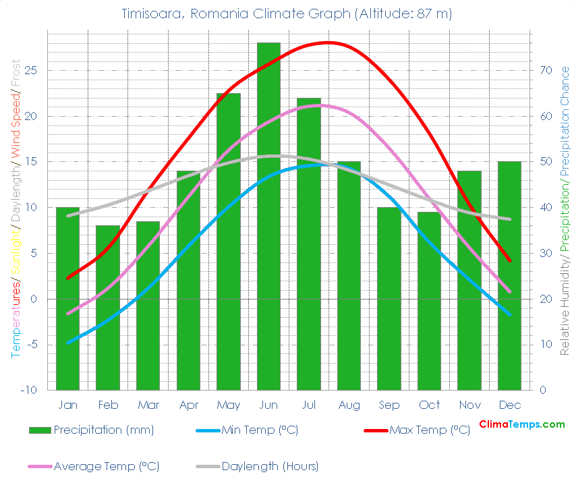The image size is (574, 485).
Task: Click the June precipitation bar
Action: click(268, 216)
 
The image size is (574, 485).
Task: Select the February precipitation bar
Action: click(108, 308)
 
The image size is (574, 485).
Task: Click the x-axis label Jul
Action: click(309, 405)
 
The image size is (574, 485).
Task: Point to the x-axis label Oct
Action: click(429, 405)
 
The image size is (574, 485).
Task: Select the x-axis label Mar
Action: click(148, 405)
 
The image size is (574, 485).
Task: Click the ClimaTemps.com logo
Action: click(521, 424)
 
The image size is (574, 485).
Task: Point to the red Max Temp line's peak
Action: click(328, 42)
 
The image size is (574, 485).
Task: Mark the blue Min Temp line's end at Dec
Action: click(509, 314)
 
